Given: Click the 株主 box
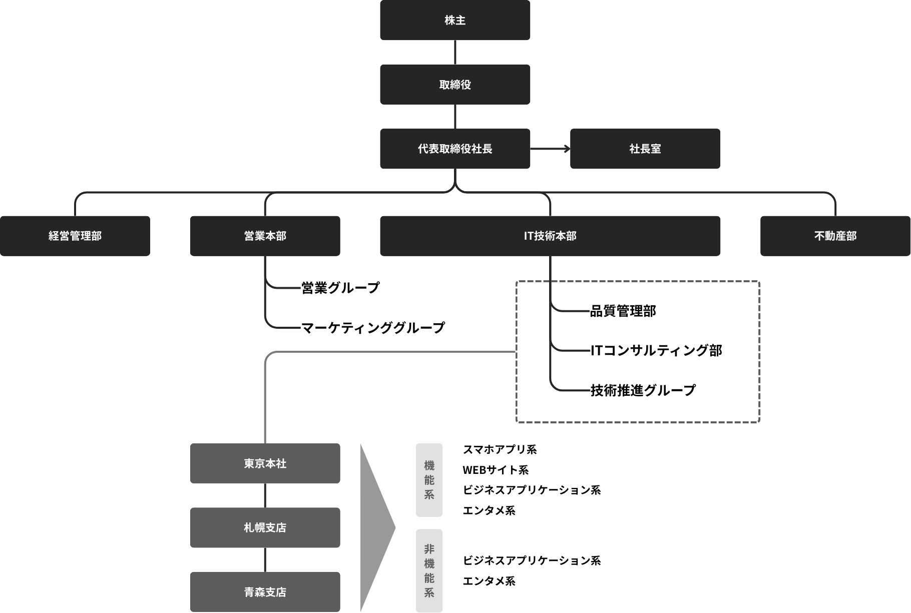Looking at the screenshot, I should [x=454, y=20].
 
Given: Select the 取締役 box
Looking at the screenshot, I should [x=454, y=85].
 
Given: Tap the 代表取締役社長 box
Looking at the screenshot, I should [x=454, y=149].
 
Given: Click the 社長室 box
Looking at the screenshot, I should [x=645, y=149].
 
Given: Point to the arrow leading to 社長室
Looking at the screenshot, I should [x=551, y=149].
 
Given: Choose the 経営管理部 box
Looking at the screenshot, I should [x=75, y=236].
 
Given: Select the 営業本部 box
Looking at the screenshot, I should [x=265, y=236].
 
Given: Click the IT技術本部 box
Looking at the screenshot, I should [x=550, y=236].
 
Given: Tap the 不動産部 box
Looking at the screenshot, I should [x=835, y=236].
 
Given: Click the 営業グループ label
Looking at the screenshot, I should [x=340, y=288].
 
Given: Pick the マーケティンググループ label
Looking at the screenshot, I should [x=373, y=328].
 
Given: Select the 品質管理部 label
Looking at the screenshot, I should [x=623, y=311].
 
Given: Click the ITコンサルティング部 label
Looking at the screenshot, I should [x=656, y=350].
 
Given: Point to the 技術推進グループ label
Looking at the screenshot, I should [x=643, y=390].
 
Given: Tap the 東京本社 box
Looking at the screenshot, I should [x=265, y=463].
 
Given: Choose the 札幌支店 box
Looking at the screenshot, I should [x=265, y=527].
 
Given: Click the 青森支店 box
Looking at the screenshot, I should [x=265, y=592].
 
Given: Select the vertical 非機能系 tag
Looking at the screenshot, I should [x=429, y=570].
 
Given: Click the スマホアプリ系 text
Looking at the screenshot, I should [x=500, y=449].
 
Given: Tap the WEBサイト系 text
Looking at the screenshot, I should [x=496, y=470].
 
